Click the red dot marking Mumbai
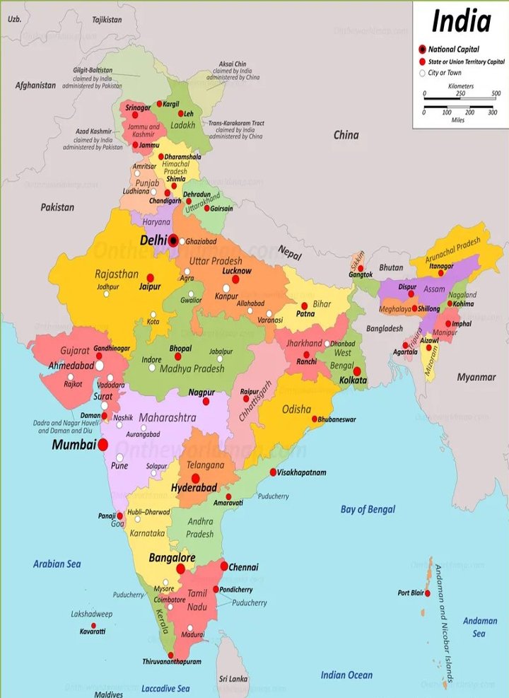coord(103,445)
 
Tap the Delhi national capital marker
coord(174,240)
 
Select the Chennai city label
coord(243,567)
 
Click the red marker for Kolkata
coord(357,371)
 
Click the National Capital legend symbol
coord(422,50)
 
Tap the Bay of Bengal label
coord(368,509)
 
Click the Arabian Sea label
coord(57,564)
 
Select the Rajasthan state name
coord(117,273)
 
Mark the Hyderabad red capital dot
coord(195,478)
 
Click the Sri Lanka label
coord(234,679)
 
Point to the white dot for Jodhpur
coord(107,294)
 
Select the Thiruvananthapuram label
coord(172,662)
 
